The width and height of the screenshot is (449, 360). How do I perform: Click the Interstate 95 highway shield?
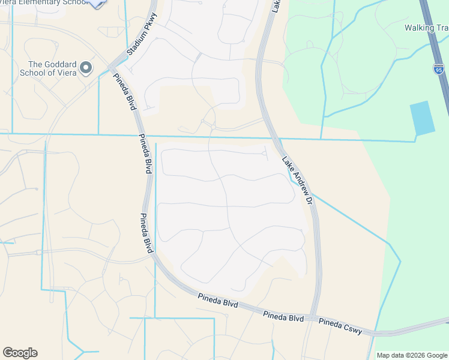[438, 70]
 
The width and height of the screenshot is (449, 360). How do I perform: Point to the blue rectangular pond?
[422, 118]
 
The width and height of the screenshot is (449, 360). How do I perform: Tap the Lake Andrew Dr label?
[298, 181]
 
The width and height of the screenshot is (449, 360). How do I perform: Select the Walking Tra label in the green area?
[426, 28]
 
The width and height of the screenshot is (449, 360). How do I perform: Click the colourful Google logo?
[20, 353]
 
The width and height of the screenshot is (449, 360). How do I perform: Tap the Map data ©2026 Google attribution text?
[412, 355]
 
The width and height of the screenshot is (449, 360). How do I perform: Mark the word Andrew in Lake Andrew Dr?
[298, 182]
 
